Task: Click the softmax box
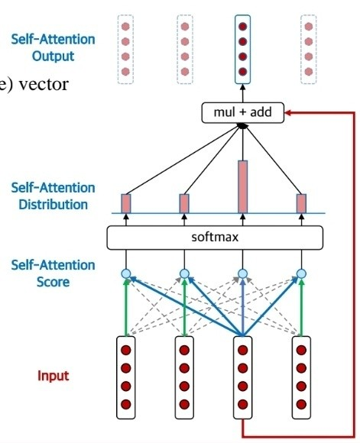point(215,238)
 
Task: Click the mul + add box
point(242,113)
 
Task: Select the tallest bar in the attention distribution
point(242,187)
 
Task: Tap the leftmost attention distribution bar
point(126,203)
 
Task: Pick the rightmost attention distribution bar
point(301,203)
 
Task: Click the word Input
point(54,376)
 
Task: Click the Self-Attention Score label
point(53,273)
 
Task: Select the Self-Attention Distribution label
point(53,196)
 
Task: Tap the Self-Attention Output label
point(53,47)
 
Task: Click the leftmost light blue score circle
point(126,273)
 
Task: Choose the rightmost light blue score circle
point(301,273)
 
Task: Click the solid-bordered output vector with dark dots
point(242,50)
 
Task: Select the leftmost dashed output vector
point(125,50)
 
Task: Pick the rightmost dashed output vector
point(309,50)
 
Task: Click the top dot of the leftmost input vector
point(126,351)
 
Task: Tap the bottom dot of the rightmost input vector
point(301,404)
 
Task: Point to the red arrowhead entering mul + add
point(288,113)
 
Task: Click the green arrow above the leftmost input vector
point(126,307)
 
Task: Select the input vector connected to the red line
point(242,377)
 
